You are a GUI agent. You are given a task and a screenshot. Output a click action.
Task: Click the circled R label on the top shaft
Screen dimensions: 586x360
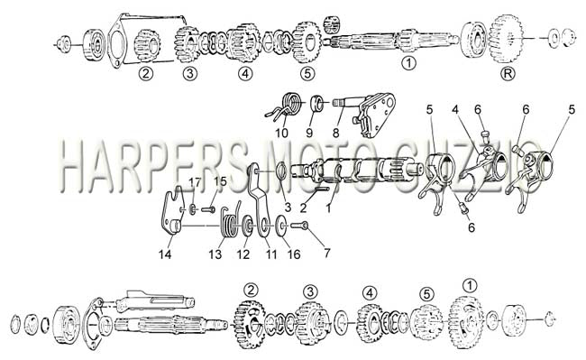(508, 73)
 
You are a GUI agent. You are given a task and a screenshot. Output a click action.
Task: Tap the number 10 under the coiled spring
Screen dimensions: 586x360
(282, 133)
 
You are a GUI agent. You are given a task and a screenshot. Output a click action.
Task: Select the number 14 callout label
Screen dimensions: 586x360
(165, 254)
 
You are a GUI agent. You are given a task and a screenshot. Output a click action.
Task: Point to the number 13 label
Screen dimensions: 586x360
(215, 254)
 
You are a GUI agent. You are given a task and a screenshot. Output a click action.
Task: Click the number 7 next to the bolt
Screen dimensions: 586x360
(327, 254)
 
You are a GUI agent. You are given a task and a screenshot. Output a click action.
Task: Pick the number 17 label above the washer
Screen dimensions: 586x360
(195, 182)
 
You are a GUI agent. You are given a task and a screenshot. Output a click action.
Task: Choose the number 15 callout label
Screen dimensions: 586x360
(221, 181)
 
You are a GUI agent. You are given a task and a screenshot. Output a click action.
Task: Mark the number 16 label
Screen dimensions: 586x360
(294, 254)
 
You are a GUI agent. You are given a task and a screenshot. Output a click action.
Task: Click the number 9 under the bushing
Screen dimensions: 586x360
(309, 133)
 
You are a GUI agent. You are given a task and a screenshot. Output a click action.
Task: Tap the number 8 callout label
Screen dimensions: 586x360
(335, 133)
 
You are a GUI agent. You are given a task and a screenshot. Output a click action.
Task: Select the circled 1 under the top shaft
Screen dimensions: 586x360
(408, 63)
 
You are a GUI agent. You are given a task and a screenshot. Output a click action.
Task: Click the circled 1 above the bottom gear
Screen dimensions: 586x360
(470, 286)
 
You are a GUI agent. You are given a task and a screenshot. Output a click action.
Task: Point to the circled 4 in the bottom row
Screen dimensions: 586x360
(370, 292)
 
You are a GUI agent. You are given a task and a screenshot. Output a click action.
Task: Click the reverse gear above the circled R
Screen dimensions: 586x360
(506, 39)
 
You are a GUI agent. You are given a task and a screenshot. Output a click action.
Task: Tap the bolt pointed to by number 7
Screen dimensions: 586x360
(299, 226)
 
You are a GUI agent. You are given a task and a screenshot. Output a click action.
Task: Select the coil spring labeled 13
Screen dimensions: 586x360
(229, 222)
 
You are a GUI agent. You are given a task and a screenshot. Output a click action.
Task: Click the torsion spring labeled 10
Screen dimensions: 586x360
(285, 106)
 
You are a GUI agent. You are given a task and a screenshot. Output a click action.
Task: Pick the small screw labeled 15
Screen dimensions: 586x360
(208, 209)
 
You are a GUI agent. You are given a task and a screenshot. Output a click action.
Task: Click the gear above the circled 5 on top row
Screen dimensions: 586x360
(307, 42)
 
